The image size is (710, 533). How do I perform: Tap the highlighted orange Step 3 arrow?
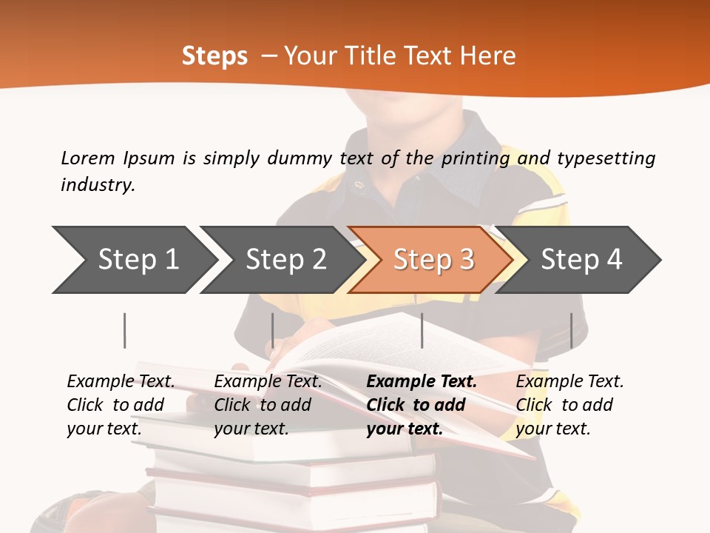click(433, 259)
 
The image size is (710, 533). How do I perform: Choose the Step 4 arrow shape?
click(581, 259)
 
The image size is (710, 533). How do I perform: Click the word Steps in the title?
click(214, 56)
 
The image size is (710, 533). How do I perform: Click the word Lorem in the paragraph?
click(88, 158)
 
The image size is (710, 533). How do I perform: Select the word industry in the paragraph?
click(98, 184)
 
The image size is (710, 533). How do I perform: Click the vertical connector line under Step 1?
click(125, 330)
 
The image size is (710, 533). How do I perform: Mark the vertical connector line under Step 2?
click(273, 330)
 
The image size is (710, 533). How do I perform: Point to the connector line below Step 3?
click(422, 330)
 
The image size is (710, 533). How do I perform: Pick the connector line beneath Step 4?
click(571, 330)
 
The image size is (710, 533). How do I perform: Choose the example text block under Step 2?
click(268, 405)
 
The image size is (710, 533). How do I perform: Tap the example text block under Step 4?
click(569, 405)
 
